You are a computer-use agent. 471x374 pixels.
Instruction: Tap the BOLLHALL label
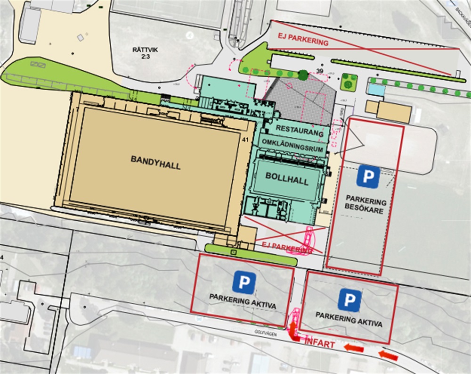pos(280,181)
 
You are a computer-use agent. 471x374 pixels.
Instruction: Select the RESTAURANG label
pos(300,128)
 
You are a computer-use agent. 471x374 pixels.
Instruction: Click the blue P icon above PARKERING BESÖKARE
pos(368,176)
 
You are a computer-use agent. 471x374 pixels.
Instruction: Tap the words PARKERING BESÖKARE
pos(366,202)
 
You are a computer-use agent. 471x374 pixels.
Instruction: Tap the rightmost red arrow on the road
pos(389,356)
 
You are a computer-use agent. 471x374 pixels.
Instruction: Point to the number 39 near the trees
pos(321,70)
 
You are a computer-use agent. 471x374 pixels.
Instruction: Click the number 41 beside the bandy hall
pos(244,140)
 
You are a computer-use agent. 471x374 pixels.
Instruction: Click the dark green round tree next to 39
pos(303,75)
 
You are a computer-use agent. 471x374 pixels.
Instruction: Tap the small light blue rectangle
pos(375,89)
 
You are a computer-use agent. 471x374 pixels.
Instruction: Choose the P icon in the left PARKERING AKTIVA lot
pos(244,282)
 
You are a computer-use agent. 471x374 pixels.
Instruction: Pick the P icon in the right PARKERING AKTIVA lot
pos(349,300)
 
